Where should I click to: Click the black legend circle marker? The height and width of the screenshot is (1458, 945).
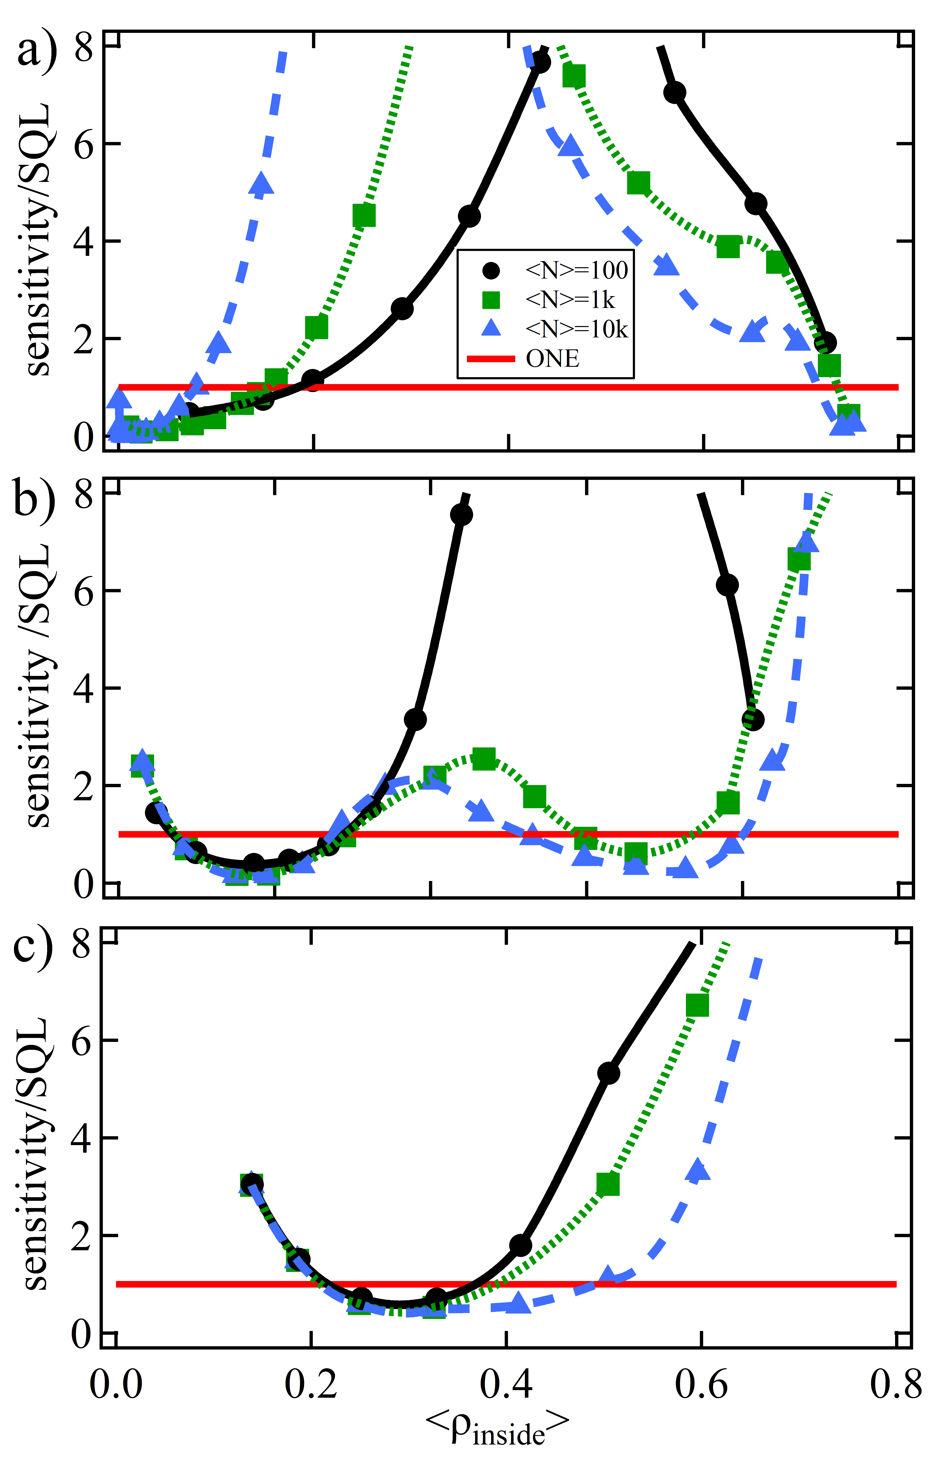tap(491, 270)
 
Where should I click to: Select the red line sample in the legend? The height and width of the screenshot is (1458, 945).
tap(491, 358)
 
